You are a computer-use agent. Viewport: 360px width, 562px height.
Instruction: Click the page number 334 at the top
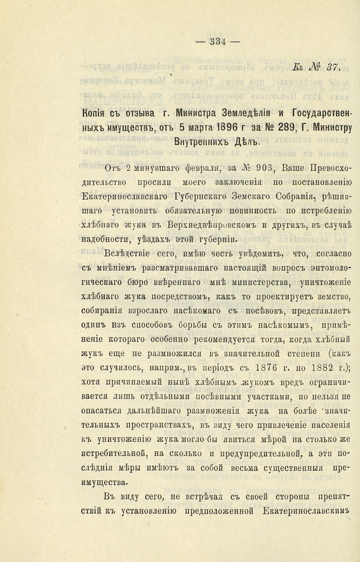217,42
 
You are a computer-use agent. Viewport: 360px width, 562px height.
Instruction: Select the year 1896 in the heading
223,128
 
